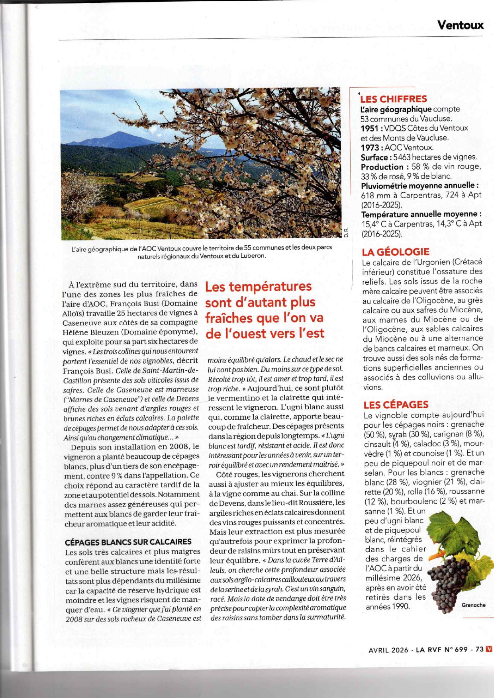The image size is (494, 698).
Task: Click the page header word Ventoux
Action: click(460, 25)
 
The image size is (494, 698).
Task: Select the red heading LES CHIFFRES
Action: click(394, 99)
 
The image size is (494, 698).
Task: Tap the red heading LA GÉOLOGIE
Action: click(395, 252)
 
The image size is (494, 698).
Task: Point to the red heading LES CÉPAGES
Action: click(396, 405)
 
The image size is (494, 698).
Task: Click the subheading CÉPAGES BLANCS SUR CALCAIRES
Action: click(128, 542)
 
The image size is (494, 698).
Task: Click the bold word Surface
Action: click(375, 157)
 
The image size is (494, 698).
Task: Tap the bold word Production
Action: click(382, 167)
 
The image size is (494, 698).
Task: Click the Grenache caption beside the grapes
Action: click(473, 605)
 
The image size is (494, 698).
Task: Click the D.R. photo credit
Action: click(346, 232)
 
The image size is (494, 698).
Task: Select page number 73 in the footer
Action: click(480, 649)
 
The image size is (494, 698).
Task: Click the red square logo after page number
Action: click(489, 649)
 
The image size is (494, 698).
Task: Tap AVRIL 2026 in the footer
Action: click(388, 649)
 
